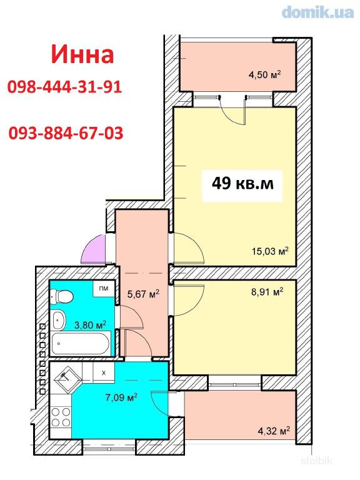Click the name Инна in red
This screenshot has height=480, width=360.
(x=82, y=55)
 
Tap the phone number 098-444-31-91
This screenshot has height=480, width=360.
(x=64, y=87)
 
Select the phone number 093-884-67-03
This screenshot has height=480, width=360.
(x=66, y=133)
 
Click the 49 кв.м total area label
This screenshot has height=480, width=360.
(x=242, y=184)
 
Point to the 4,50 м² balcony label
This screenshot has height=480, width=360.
(x=265, y=75)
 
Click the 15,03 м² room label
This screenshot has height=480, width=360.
(x=270, y=251)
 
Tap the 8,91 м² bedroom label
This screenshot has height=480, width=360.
(x=267, y=292)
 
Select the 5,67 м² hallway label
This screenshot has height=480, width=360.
(x=143, y=294)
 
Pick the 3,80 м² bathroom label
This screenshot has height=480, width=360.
(x=90, y=324)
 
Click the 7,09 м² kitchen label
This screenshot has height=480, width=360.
(x=121, y=397)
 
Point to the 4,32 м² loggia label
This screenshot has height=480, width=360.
(x=274, y=431)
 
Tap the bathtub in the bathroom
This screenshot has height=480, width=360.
(x=80, y=343)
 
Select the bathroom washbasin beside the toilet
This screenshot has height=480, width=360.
(x=59, y=319)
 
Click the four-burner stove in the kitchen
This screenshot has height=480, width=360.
(x=61, y=417)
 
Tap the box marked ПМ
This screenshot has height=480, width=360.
(x=104, y=288)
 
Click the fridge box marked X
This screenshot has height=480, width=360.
(x=104, y=372)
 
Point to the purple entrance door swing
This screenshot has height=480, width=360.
(x=93, y=249)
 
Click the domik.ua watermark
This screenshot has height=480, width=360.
(x=317, y=12)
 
